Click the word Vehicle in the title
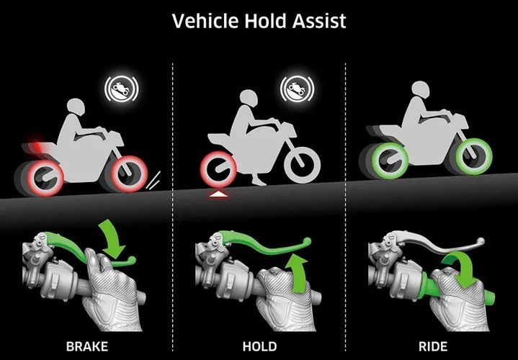(x=205, y=21)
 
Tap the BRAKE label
(x=87, y=346)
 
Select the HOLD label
(x=259, y=346)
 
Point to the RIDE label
(x=433, y=346)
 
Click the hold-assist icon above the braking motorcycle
(x=122, y=89)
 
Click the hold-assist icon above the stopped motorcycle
(x=297, y=89)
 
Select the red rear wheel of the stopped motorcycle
(x=218, y=169)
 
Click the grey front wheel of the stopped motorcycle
(x=302, y=165)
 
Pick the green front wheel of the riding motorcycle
(x=474, y=156)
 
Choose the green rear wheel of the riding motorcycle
(x=390, y=161)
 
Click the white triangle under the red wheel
(x=218, y=195)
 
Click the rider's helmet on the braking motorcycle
(x=76, y=107)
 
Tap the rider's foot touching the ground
(x=259, y=180)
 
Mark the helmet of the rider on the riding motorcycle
(x=421, y=89)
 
